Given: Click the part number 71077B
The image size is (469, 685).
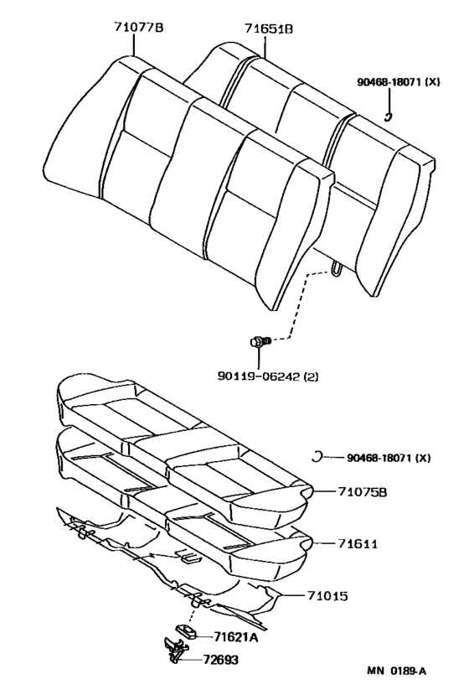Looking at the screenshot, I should click(x=138, y=28).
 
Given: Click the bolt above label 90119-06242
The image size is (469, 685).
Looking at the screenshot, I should click(x=259, y=341).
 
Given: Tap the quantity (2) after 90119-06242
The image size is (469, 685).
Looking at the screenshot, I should click(x=312, y=376).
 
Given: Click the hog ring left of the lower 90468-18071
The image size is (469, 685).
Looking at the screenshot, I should click(x=317, y=456).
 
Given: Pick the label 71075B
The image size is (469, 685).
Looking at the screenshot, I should click(x=363, y=492).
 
